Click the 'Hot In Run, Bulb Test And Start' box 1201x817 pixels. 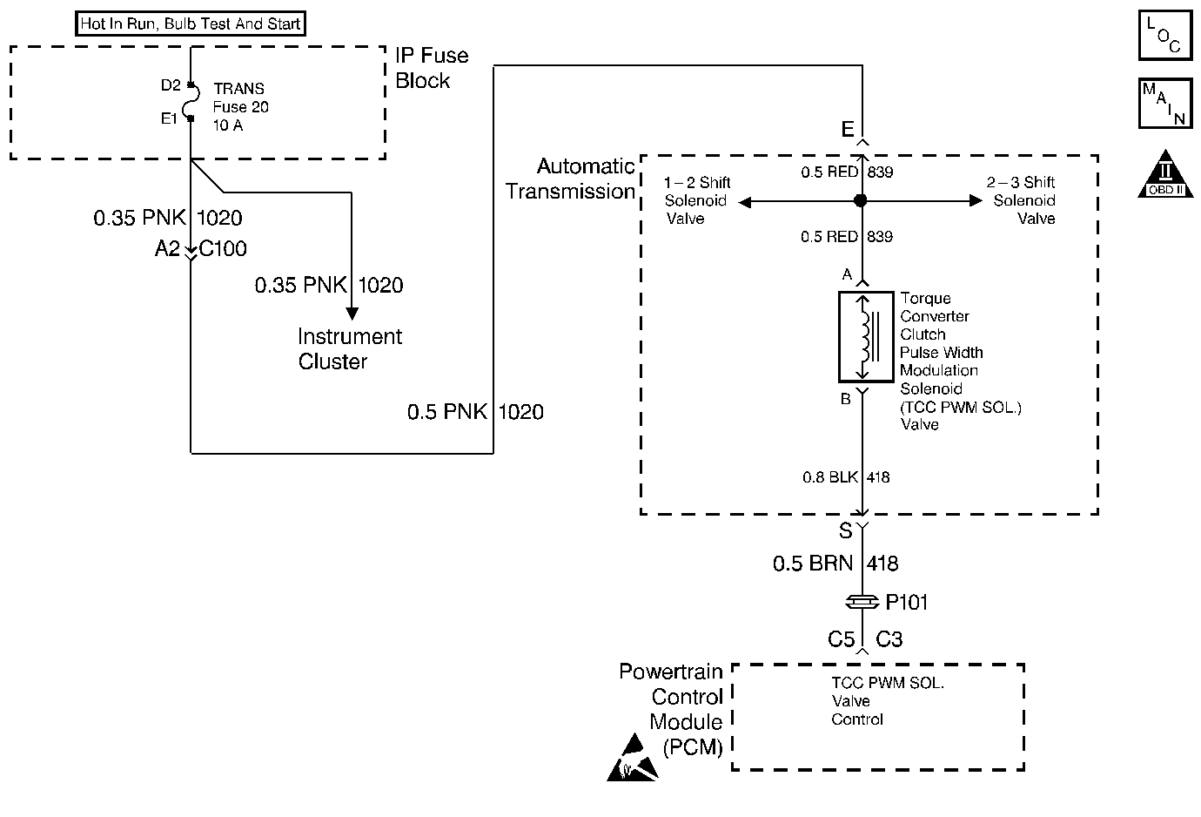[191, 24]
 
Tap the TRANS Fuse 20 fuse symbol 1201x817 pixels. [191, 101]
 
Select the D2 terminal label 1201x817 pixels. [171, 85]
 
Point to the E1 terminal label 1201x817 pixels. [169, 118]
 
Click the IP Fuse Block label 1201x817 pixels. [432, 68]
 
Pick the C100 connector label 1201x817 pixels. [223, 249]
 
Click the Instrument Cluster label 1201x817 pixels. [350, 348]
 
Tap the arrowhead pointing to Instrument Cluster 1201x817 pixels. [352, 314]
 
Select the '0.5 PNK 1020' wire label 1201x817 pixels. [475, 412]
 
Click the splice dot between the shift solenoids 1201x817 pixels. [861, 201]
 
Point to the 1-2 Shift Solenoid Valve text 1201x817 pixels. [696, 200]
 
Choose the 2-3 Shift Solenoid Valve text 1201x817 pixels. [1023, 200]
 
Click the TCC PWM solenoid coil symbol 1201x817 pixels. [865, 337]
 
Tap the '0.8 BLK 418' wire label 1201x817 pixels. [846, 477]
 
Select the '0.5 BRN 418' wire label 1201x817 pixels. [835, 564]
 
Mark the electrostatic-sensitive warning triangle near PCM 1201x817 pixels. [633, 759]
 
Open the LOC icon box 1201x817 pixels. [1164, 36]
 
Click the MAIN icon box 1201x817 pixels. [1164, 104]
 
